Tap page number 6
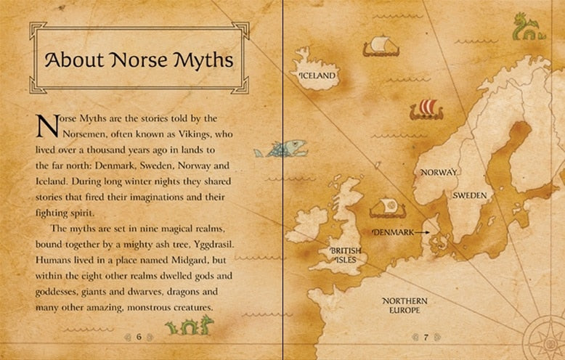(x=139, y=336)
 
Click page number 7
(x=426, y=337)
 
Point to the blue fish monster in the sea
(x=277, y=150)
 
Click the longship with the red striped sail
(x=426, y=110)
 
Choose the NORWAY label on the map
(x=439, y=172)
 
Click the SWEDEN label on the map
(x=470, y=196)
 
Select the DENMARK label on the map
(x=392, y=232)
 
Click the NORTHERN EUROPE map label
(x=405, y=306)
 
